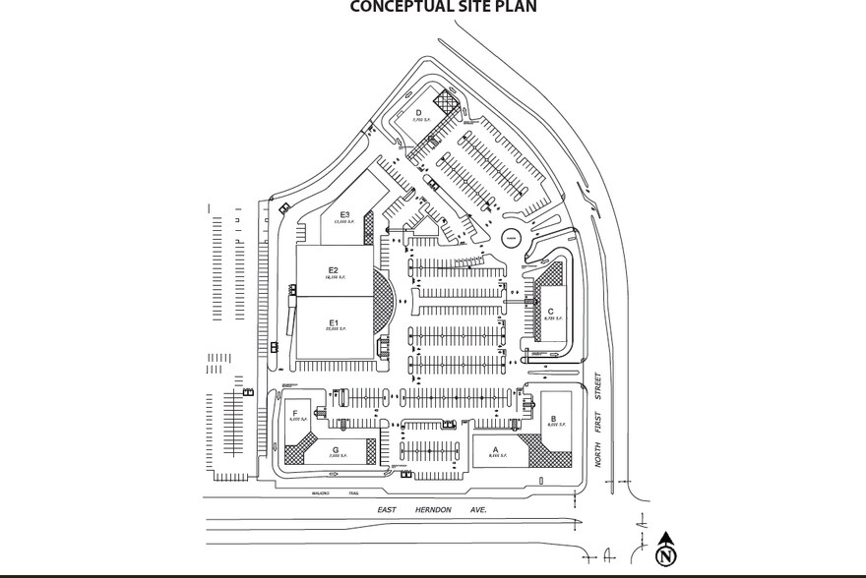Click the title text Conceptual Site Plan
coord(444,8)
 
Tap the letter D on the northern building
coord(417,114)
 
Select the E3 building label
coord(344,215)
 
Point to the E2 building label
coord(333,270)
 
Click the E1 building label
coord(333,322)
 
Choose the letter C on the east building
coord(550,313)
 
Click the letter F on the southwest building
coord(295,414)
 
